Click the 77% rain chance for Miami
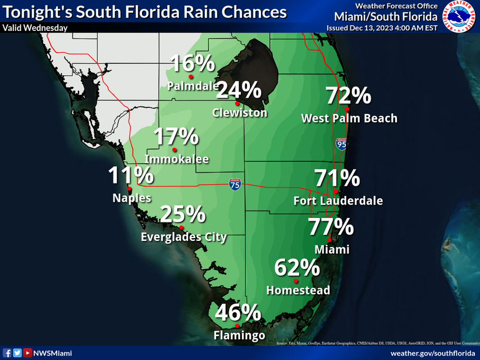pos(331,228)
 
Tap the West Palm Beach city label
pos(349,119)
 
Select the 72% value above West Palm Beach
pos(348,96)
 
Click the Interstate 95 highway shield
pos(341,144)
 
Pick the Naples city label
pos(131,198)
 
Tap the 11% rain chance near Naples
pos(131,176)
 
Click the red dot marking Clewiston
pos(237,103)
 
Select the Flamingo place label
pos(239,336)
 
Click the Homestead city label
pos(298,290)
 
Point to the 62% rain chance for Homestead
pos(297,268)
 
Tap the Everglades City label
pos(184,238)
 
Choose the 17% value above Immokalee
pos(176,136)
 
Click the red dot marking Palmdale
pos(191,76)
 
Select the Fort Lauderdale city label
pos(338,200)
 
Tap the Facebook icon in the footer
pos(8,353)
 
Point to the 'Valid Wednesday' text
pos(35,28)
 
